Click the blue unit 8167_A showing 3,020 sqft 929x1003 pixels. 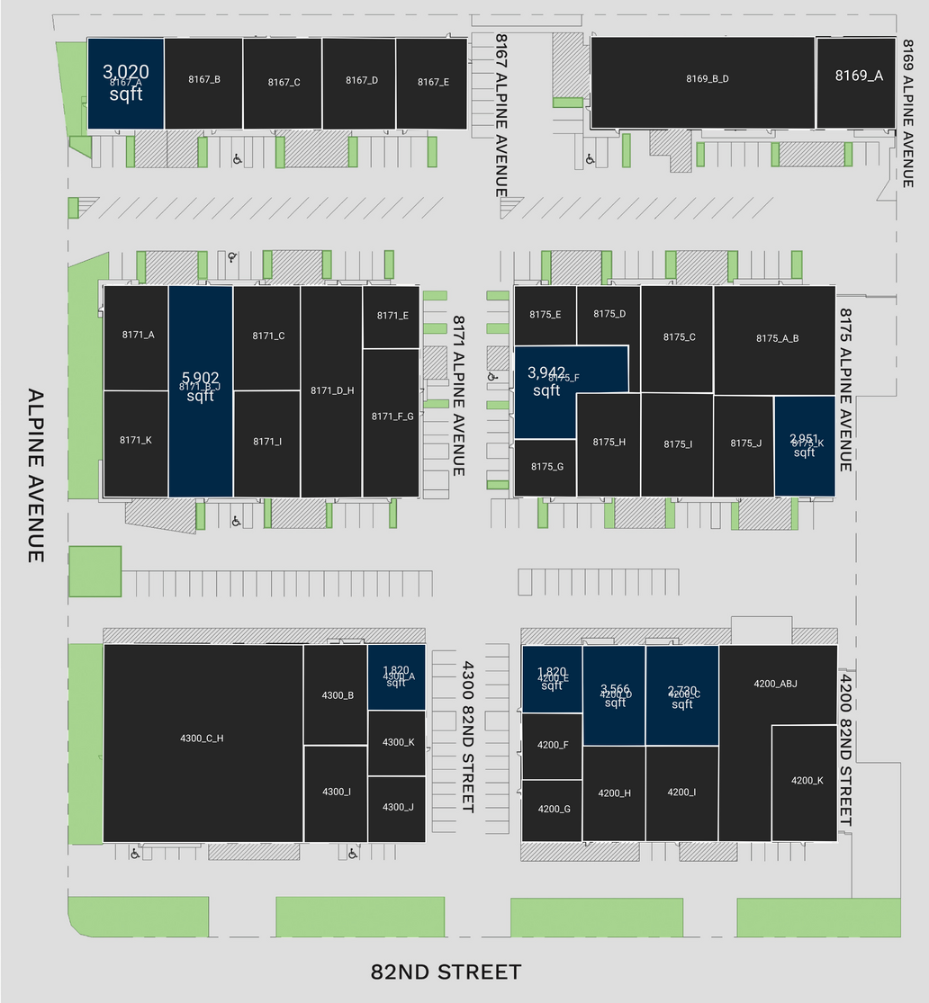(x=125, y=83)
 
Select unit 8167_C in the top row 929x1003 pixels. (x=283, y=83)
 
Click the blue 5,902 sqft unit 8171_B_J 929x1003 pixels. (x=200, y=391)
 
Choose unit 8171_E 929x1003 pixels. (x=392, y=317)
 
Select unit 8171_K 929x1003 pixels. (x=136, y=442)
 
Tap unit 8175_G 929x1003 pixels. (x=546, y=467)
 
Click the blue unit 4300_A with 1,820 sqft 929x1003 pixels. (x=396, y=677)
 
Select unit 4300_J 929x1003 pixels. (x=397, y=809)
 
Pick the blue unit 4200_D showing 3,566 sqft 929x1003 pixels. (x=614, y=695)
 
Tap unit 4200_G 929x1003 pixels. (x=553, y=810)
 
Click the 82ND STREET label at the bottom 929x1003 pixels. (x=446, y=972)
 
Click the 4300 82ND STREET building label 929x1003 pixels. (x=467, y=737)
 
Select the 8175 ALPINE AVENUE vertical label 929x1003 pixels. (x=846, y=390)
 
